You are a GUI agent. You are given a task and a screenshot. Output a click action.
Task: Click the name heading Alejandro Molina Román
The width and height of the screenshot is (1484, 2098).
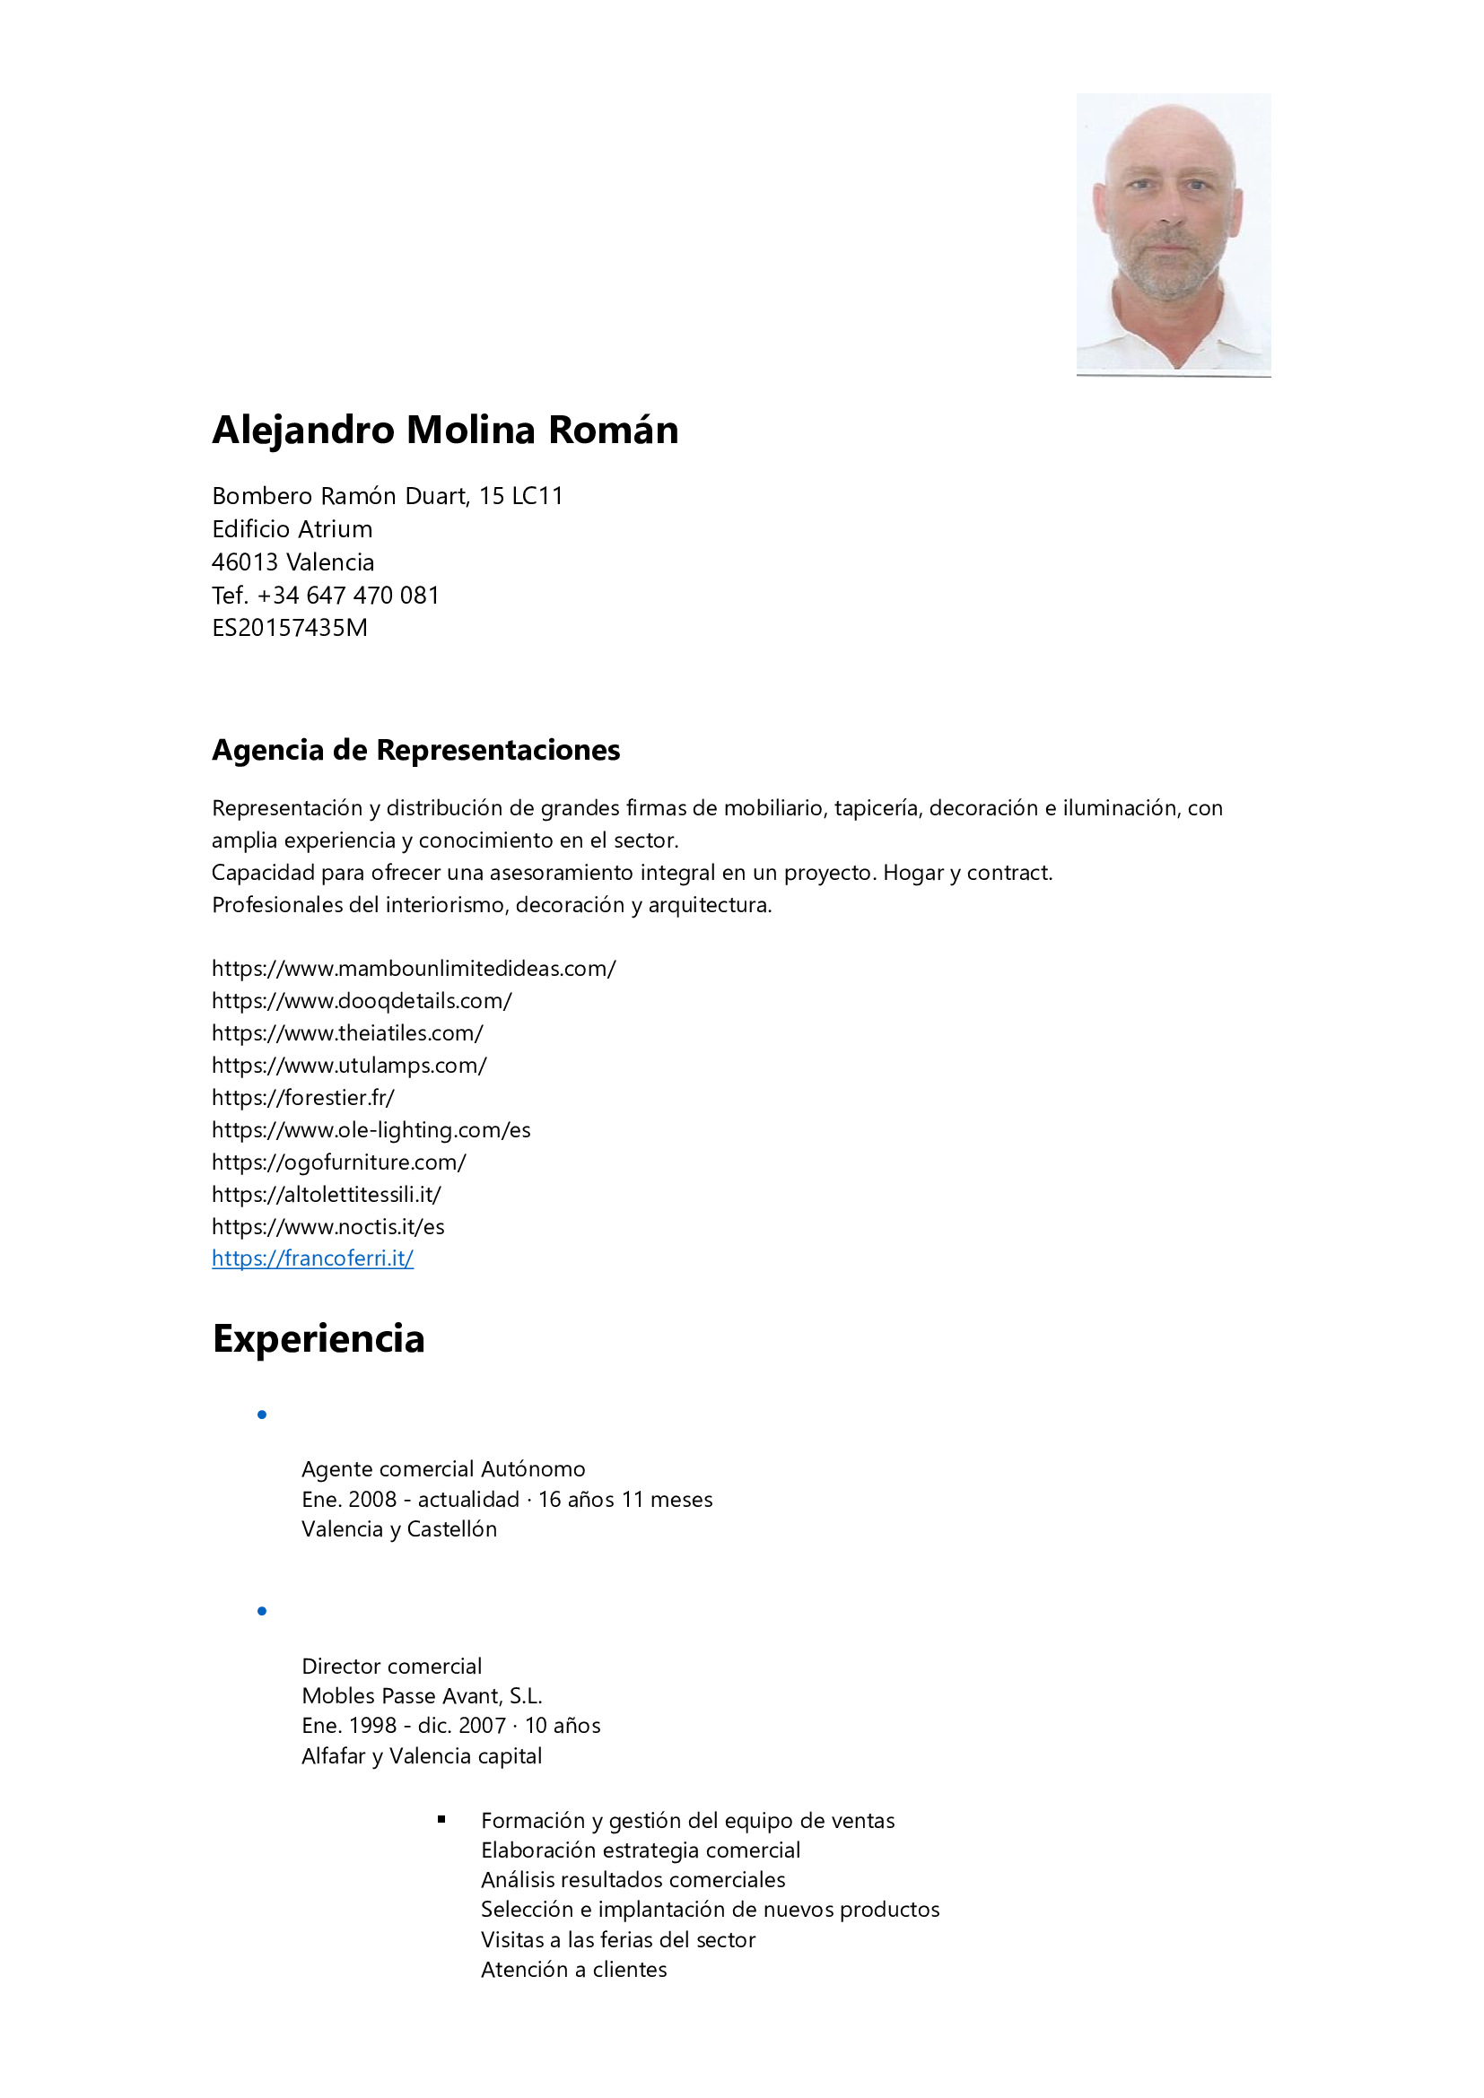445,431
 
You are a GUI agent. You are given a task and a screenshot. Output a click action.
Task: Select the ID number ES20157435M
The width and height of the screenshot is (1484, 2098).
290,628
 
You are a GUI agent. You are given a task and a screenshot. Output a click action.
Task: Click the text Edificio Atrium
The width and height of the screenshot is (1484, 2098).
292,529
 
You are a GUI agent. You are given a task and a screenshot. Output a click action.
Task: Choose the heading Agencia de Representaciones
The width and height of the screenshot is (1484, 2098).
415,750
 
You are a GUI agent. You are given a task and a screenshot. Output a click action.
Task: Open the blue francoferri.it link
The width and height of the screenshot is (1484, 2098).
312,1258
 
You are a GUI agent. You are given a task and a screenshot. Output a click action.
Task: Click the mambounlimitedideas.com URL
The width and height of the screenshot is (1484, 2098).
414,969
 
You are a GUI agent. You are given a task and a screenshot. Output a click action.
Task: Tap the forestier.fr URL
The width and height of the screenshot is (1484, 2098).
303,1097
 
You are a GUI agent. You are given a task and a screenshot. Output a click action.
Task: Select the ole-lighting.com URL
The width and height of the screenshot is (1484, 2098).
371,1130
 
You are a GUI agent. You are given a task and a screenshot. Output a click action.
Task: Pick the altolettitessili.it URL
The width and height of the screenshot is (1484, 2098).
327,1194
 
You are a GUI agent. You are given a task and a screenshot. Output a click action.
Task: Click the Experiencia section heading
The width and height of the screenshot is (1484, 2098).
319,1339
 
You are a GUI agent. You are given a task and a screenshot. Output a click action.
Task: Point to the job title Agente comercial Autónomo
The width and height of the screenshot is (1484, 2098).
443,1469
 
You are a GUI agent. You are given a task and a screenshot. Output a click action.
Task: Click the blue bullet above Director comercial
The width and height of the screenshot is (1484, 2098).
262,1611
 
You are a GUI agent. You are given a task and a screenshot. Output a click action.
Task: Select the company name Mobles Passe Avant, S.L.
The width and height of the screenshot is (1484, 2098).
423,1696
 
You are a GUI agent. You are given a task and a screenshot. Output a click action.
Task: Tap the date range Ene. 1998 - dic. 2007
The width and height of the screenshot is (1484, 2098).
404,1725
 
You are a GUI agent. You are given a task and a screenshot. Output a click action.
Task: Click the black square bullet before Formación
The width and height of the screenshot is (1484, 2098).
441,1819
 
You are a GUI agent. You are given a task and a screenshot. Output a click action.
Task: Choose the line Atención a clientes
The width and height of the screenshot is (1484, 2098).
574,1969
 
